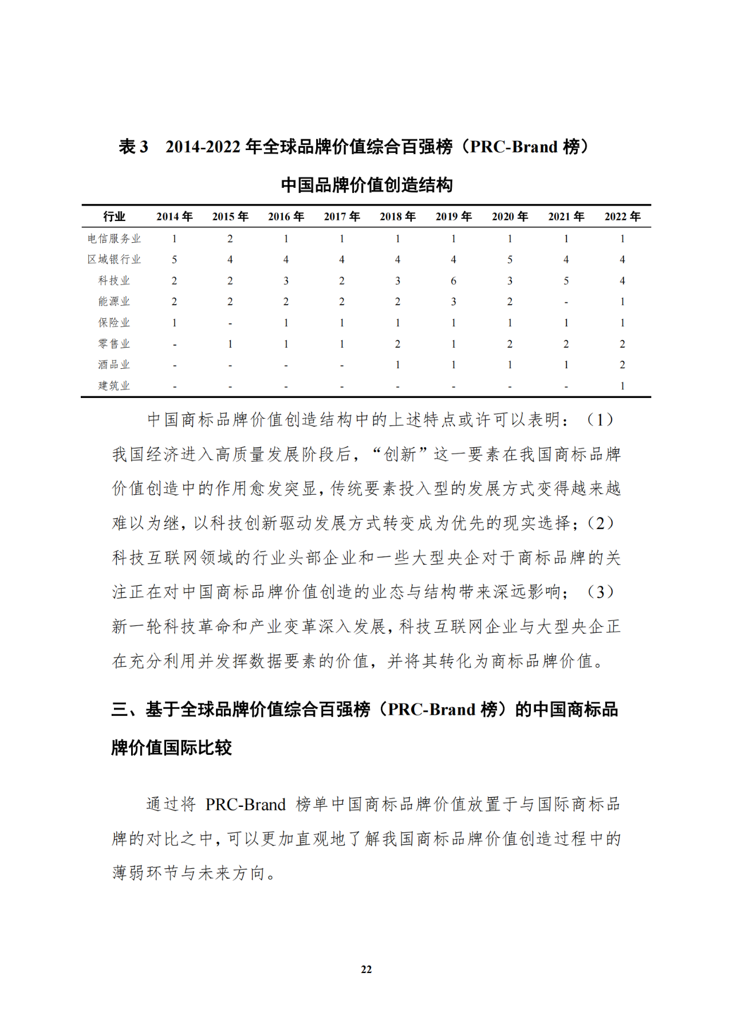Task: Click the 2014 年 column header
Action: tap(174, 216)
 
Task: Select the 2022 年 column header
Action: tap(622, 216)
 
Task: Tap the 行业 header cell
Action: tap(114, 216)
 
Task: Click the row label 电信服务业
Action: tap(114, 239)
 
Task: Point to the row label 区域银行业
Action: tap(114, 259)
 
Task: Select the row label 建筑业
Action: tap(114, 386)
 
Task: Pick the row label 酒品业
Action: tap(114, 365)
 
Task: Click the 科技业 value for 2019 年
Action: tap(454, 281)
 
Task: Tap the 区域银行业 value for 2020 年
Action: tap(510, 259)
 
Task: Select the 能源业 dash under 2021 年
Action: tap(566, 302)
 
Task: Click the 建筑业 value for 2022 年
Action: tap(622, 386)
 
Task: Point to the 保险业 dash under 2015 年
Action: tap(230, 324)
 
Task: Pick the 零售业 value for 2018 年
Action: tap(397, 344)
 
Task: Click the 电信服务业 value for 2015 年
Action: tap(230, 239)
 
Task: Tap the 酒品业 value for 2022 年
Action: tap(622, 365)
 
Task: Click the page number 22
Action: tap(366, 970)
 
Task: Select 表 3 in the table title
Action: tap(133, 147)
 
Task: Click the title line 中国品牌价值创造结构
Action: tap(366, 185)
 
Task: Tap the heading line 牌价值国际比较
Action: tap(172, 747)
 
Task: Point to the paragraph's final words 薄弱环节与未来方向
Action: tap(189, 873)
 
